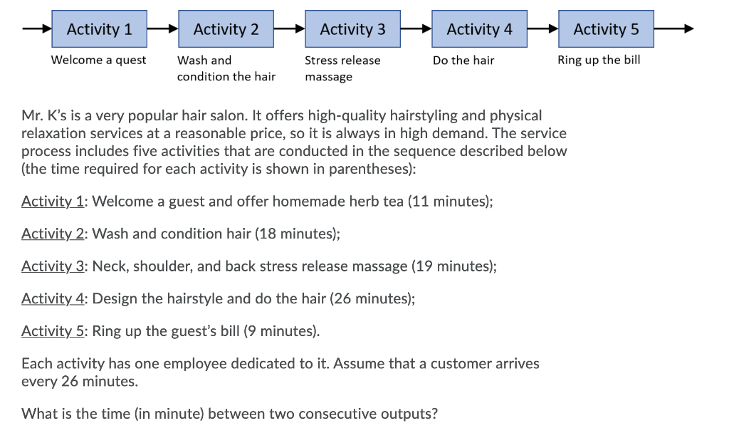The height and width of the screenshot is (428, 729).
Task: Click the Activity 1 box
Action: click(x=100, y=29)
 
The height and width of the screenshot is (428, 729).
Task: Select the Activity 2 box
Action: click(x=226, y=29)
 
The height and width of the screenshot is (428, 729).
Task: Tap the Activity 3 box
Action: click(x=352, y=29)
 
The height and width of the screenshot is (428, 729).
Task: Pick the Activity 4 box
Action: click(x=479, y=29)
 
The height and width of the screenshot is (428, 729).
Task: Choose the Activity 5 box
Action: click(x=606, y=29)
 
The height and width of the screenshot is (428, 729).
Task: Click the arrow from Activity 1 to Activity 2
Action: click(x=163, y=29)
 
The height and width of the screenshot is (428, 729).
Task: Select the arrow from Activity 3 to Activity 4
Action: click(x=416, y=29)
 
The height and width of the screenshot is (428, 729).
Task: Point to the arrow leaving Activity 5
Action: click(x=673, y=29)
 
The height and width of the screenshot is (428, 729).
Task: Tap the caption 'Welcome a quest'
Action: click(x=98, y=60)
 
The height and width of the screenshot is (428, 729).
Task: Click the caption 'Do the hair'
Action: click(x=463, y=61)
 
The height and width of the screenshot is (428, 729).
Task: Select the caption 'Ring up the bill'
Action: click(x=599, y=60)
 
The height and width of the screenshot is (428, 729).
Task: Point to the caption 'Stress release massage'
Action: click(x=342, y=68)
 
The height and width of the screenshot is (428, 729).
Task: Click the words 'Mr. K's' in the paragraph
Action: click(x=43, y=115)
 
